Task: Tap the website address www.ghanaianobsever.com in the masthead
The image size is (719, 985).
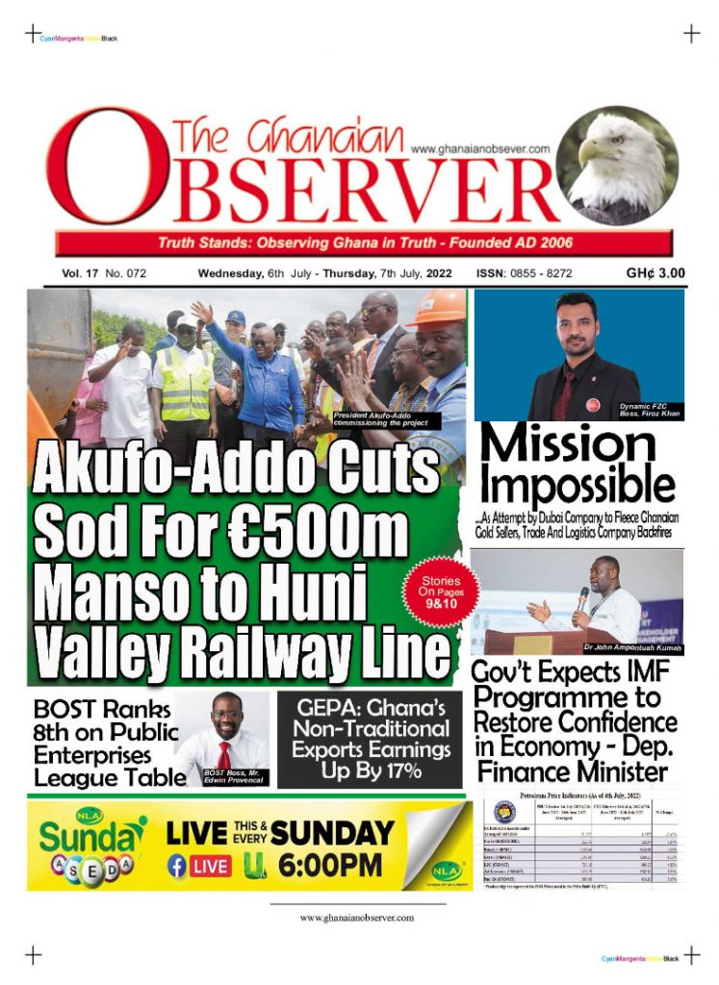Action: point(479,149)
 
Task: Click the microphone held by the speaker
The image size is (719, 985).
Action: point(582,596)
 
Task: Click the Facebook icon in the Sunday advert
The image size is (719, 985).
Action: point(177,866)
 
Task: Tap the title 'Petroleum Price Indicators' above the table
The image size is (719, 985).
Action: point(585,797)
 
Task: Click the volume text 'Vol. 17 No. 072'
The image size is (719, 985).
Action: point(104,274)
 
